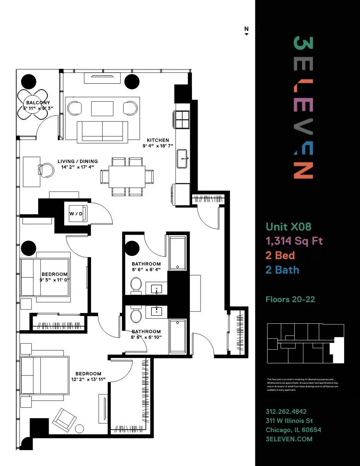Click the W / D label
[x=76, y=214]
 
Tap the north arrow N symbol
[x=246, y=30]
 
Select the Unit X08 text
[x=288, y=227]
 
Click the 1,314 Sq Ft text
[x=294, y=241]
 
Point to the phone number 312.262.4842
[x=286, y=411]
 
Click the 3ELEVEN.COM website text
[x=289, y=439]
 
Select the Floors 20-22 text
[x=290, y=299]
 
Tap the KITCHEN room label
[x=158, y=140]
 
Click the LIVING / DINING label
[x=78, y=161]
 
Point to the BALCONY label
[x=38, y=103]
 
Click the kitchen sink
[x=182, y=159]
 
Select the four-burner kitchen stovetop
[x=182, y=119]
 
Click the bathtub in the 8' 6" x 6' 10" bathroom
[x=178, y=336]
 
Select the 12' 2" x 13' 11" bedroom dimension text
[x=88, y=380]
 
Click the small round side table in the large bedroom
[x=79, y=429]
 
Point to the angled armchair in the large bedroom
[x=64, y=419]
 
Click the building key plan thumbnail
[x=305, y=343]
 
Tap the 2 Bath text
[x=282, y=270]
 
